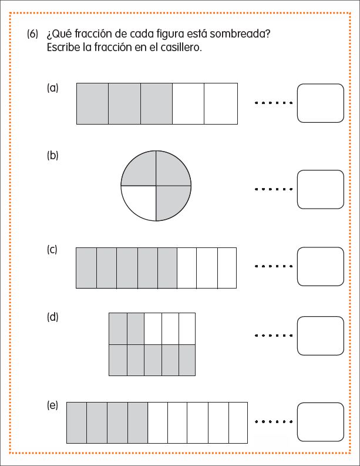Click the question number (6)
point(33,34)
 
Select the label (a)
point(53,88)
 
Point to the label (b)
point(53,156)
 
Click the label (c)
point(52,249)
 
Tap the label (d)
point(53,317)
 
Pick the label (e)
point(52,405)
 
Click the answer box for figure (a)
point(321,103)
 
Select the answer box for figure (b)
point(321,189)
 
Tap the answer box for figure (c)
point(321,267)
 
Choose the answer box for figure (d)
point(321,336)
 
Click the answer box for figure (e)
point(321,422)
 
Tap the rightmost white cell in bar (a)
point(221,103)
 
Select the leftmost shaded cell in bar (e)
point(76,423)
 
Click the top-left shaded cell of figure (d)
point(118,328)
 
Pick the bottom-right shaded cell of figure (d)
point(187,360)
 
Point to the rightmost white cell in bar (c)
point(227,268)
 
